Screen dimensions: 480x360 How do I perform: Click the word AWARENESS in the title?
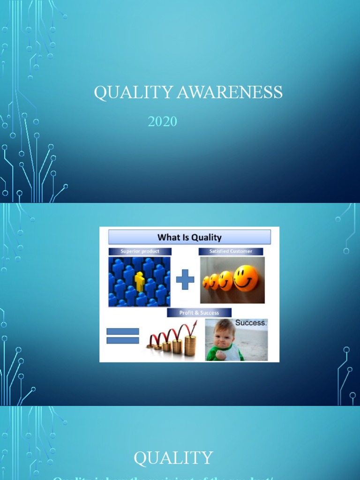pos(229,92)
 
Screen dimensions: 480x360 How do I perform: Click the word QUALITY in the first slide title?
pos(133,92)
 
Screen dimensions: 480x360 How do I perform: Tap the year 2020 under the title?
pos(162,121)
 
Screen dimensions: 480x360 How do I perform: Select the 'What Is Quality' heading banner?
pos(189,237)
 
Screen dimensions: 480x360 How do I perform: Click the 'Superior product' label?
pos(140,251)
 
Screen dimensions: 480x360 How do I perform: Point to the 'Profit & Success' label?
pos(199,313)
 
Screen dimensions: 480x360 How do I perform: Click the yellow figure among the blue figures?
pos(139,281)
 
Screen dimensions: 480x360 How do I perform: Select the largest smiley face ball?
pos(246,278)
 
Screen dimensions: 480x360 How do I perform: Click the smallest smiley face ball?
pos(206,282)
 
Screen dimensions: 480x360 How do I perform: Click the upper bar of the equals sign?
pos(123,331)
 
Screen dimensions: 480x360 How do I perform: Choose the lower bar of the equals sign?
pos(123,340)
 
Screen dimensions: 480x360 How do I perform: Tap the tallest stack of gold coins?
pos(190,346)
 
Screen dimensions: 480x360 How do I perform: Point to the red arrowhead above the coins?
pos(194,324)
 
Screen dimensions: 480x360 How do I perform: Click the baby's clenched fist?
pos(220,354)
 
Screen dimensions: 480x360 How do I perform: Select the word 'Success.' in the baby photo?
pos(251,323)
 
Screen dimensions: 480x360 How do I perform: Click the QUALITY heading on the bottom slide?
pos(173,458)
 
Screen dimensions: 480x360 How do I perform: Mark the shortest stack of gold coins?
pos(150,346)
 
